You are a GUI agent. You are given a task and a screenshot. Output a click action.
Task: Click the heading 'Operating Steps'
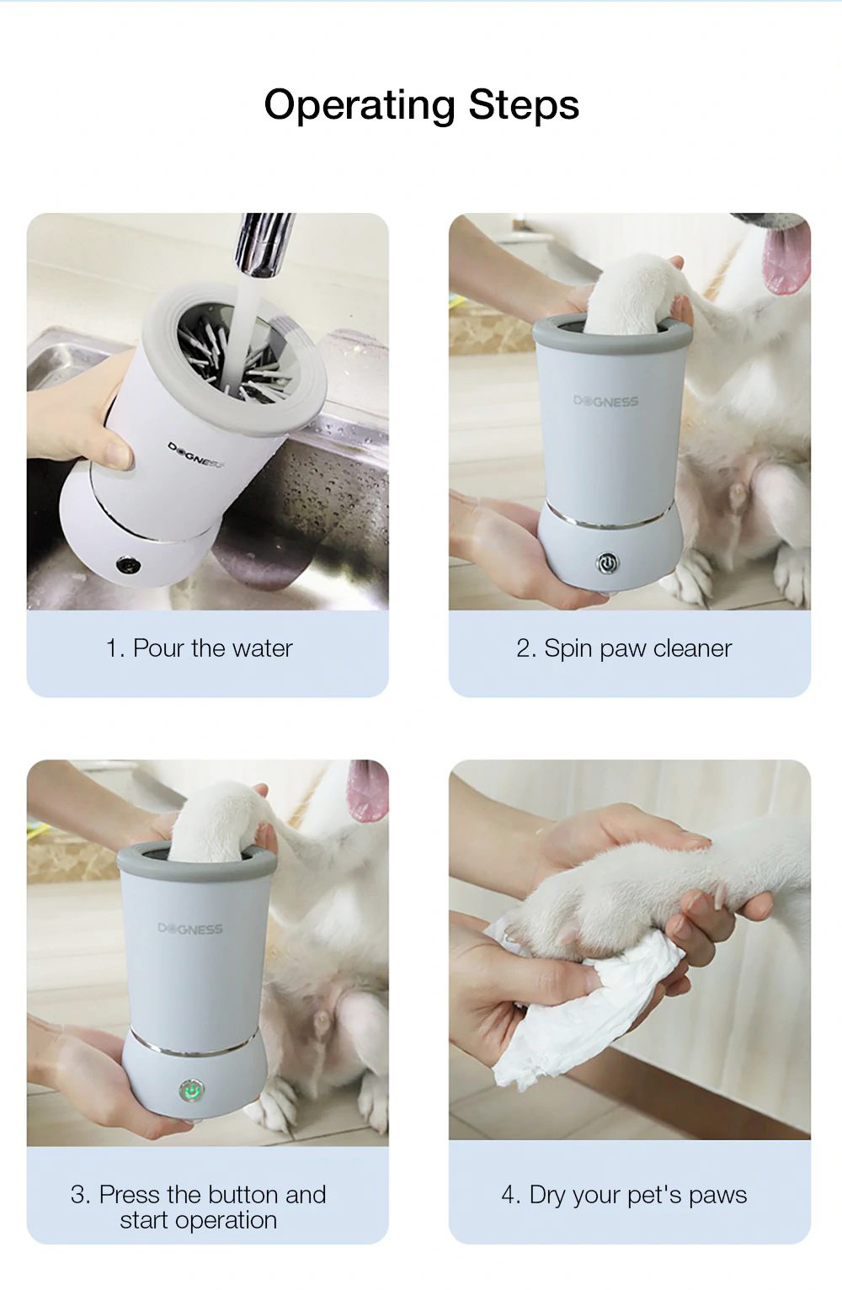click(x=421, y=105)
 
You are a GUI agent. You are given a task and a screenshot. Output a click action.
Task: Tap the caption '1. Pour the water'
click(x=199, y=648)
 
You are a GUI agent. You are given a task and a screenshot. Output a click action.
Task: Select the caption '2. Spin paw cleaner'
click(x=623, y=648)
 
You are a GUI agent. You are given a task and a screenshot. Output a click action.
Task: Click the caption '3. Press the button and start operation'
click(x=199, y=1207)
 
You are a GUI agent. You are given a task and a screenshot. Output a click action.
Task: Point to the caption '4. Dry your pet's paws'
click(x=623, y=1195)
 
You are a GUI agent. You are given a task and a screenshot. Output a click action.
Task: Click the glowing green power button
click(x=191, y=1091)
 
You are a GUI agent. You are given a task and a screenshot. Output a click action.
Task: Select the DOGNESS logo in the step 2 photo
click(x=606, y=402)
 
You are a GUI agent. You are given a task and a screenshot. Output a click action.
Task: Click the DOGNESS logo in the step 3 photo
click(x=190, y=929)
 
